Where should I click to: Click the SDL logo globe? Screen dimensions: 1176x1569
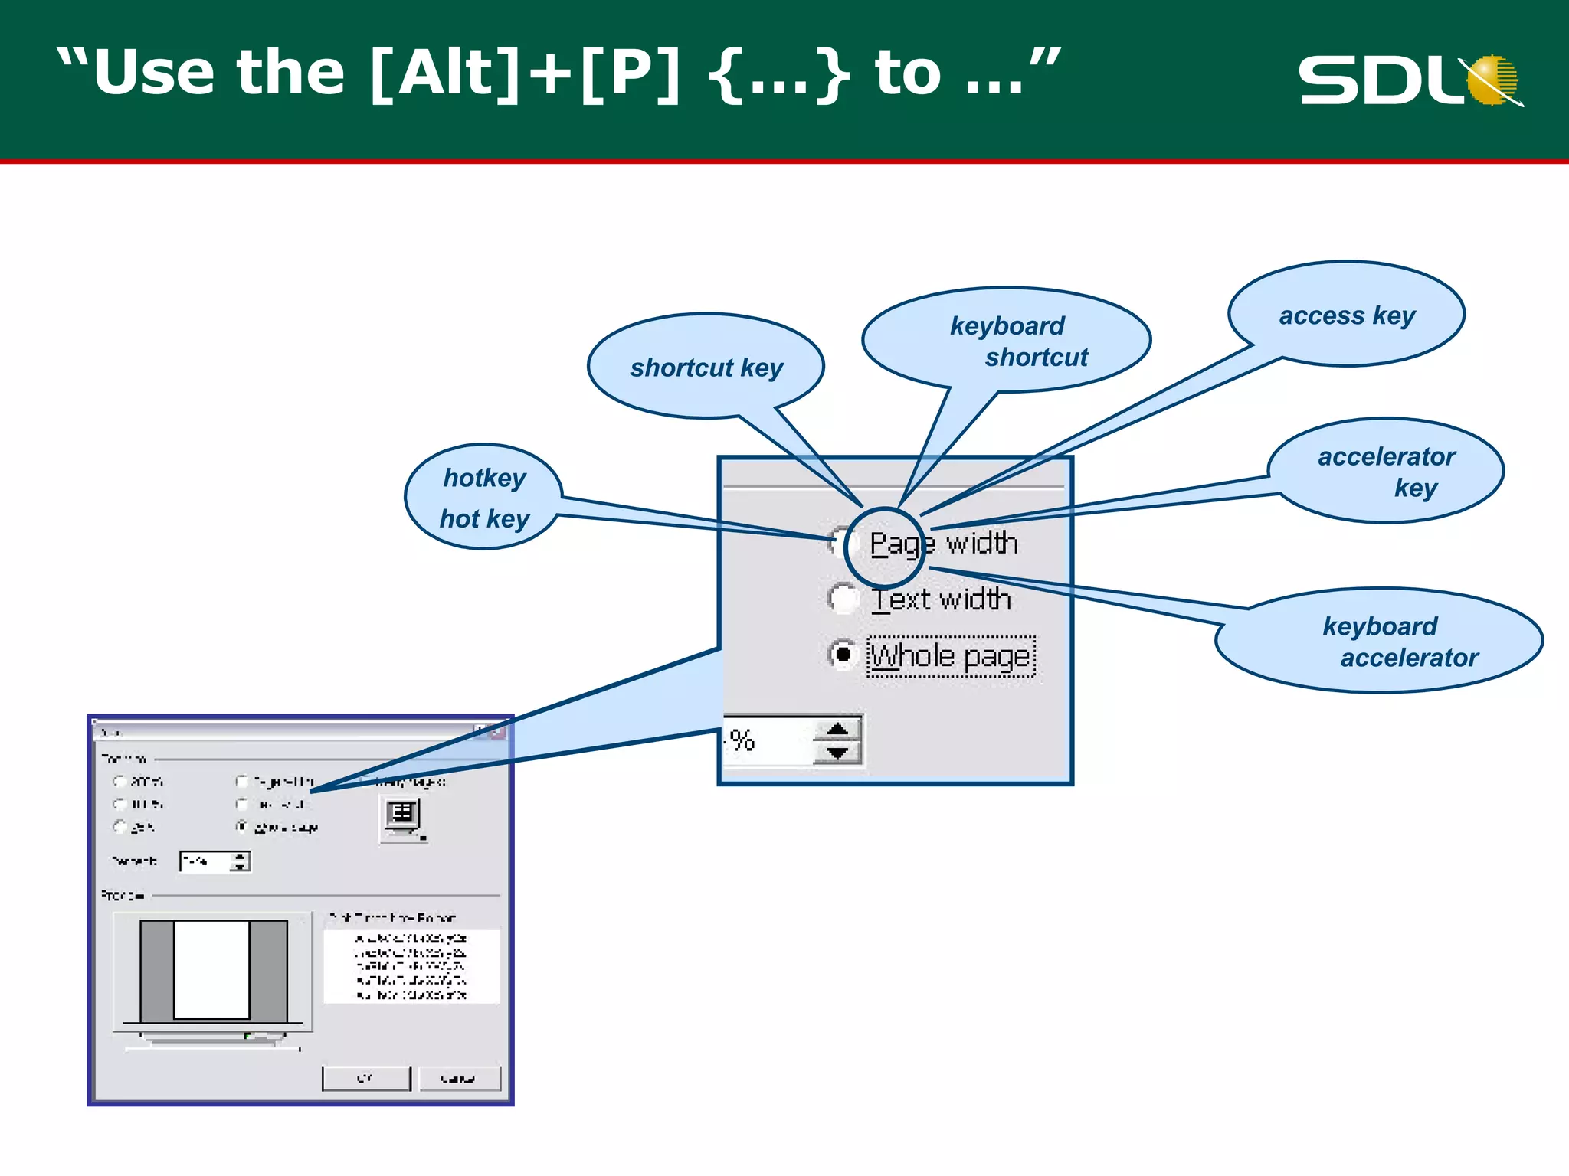point(1492,80)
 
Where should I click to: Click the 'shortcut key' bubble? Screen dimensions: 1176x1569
point(706,367)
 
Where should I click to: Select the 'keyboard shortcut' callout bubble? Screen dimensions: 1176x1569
point(1007,340)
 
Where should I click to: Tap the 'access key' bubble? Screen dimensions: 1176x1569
point(1346,315)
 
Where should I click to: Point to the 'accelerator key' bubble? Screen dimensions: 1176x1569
point(1385,471)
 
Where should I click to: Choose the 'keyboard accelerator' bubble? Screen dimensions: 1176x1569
point(1379,641)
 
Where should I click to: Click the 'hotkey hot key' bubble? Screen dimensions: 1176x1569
point(483,497)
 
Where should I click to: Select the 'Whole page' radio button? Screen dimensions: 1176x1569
point(843,655)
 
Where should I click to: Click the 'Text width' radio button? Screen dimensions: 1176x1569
point(843,598)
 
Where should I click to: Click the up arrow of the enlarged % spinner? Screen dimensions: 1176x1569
point(837,729)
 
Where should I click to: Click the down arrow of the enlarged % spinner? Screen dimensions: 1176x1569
point(837,753)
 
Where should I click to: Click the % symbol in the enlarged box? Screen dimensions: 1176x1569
point(742,740)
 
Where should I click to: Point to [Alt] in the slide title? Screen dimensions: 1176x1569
point(444,72)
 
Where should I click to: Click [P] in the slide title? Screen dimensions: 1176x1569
point(630,72)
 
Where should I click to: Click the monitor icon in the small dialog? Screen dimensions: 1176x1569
point(403,817)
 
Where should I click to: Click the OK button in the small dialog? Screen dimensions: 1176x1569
point(366,1078)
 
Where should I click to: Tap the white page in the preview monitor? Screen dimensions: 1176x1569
point(211,969)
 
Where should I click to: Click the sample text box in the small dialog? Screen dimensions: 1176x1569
point(411,966)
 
